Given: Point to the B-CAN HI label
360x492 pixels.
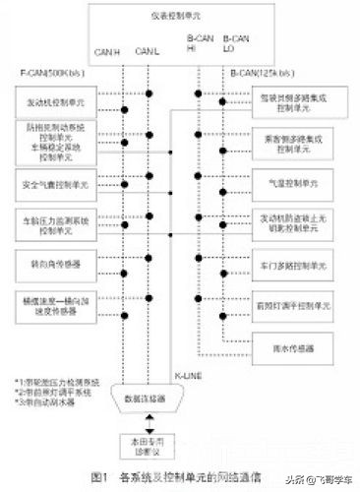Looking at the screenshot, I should click(x=198, y=44).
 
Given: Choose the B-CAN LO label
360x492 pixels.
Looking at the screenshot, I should click(x=237, y=44).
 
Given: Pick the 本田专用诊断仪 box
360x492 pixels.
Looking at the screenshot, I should click(x=146, y=443).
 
